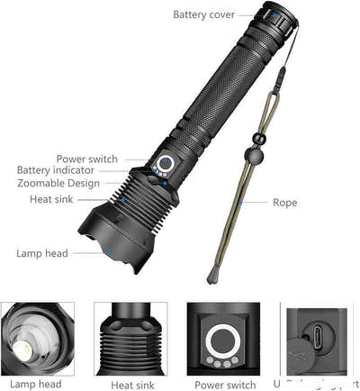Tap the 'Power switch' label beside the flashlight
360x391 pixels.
86,159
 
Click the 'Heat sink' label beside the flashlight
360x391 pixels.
53,199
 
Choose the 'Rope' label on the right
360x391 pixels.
284,203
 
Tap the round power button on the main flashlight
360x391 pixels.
168,165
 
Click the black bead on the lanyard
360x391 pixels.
257,139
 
